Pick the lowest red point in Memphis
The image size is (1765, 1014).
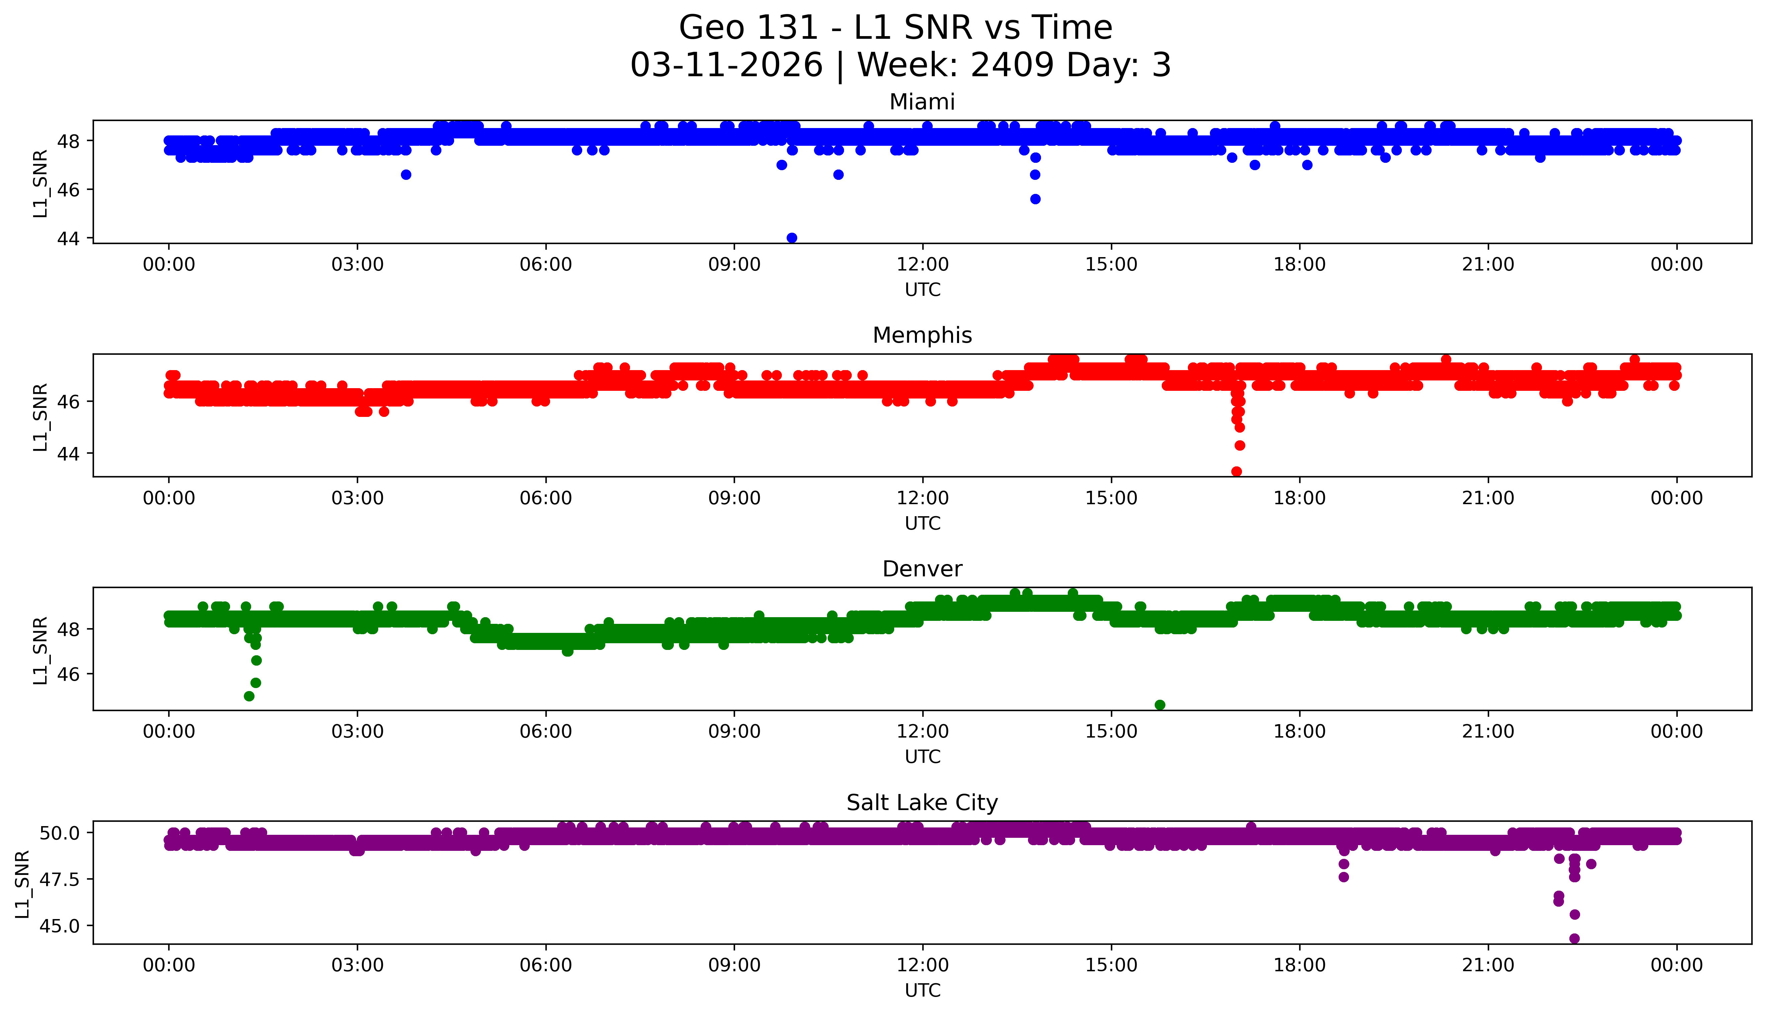(1236, 471)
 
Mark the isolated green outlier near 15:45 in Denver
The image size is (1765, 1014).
(1160, 705)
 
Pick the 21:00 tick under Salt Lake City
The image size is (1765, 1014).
(1488, 965)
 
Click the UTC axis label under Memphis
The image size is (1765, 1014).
(922, 523)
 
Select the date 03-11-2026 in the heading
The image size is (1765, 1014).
(726, 66)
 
